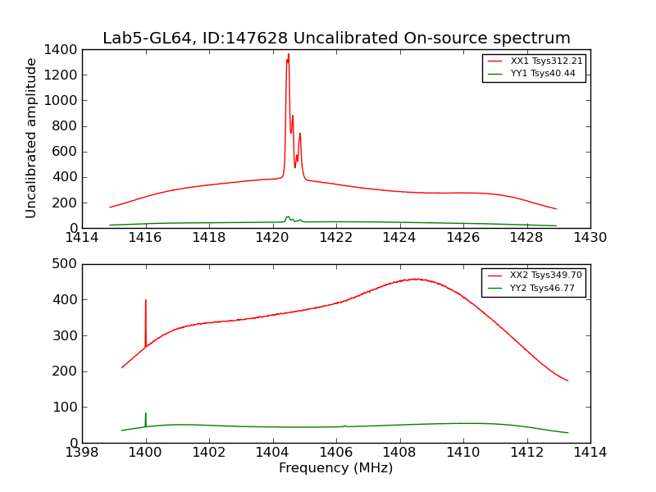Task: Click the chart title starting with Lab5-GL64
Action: click(336, 39)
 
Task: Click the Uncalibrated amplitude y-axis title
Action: click(32, 138)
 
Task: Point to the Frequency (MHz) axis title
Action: click(336, 468)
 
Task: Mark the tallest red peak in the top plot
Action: click(288, 55)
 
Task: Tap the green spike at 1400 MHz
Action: click(146, 413)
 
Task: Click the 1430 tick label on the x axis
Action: click(590, 238)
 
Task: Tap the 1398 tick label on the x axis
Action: click(82, 453)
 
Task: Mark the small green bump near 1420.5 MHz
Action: click(288, 217)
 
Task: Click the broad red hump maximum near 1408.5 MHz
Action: click(417, 279)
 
